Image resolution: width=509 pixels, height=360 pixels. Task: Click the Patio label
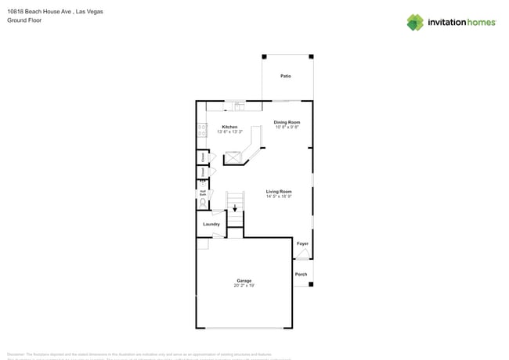[x=286, y=76]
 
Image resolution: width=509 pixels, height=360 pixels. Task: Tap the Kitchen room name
[x=229, y=127]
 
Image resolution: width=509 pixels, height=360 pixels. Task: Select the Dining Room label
[x=287, y=122]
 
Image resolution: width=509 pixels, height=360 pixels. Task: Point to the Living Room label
[x=279, y=191]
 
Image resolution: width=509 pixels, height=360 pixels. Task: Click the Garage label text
[x=244, y=280]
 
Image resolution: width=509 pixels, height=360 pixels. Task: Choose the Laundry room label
[x=211, y=224]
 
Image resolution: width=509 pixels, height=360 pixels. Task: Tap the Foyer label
[x=302, y=243]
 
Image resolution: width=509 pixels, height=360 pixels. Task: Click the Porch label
[x=301, y=274]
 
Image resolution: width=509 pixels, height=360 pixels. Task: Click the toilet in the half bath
[x=203, y=203]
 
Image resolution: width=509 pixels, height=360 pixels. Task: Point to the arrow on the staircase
[x=235, y=208]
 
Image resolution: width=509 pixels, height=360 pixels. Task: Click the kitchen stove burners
[x=202, y=131]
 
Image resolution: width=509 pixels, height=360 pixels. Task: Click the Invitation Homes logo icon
[x=415, y=23]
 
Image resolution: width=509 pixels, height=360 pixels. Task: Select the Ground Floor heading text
[x=24, y=20]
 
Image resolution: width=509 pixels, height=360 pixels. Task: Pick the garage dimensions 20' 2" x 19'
[x=244, y=286]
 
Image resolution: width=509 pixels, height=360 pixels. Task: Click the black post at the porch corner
[x=311, y=284]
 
